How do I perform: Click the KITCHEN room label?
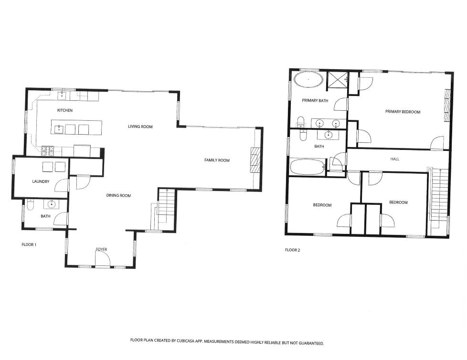coord(64,110)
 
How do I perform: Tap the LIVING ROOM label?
coord(140,127)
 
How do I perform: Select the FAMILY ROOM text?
coord(217,160)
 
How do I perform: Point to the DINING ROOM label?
coord(118,195)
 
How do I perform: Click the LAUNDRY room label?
coord(41,181)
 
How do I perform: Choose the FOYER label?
coord(101,250)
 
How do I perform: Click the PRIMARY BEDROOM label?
coord(403,112)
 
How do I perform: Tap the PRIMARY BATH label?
coord(315,101)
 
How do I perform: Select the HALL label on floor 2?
coord(394,159)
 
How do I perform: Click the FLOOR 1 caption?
coord(29,245)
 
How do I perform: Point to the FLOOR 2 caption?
coord(292,250)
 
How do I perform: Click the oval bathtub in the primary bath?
coord(308,79)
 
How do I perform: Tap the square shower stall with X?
coord(337,80)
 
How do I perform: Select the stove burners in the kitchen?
coord(48,151)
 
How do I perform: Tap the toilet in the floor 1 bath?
coord(30,205)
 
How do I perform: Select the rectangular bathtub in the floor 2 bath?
coord(308,168)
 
